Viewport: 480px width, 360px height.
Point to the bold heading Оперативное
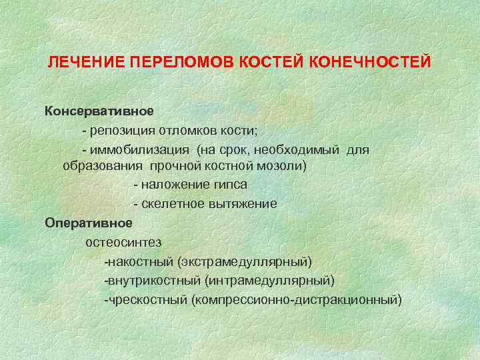89,222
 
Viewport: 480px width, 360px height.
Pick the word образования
103,165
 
